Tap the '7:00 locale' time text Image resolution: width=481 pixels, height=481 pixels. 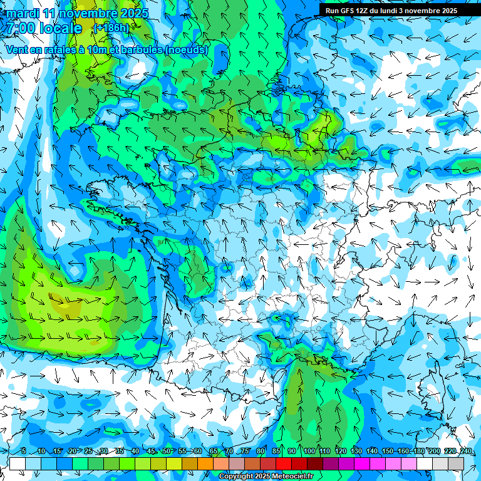[44, 28]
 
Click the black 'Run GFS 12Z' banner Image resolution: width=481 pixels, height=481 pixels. [391, 11]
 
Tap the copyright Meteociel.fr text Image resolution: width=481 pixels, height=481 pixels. [266, 477]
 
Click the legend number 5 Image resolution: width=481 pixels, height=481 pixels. [24, 451]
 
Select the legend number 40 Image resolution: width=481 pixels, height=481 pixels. [135, 451]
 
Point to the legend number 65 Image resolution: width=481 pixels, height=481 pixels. [214, 451]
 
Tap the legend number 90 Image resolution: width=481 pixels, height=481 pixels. [292, 451]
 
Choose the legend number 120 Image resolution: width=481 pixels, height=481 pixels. [340, 451]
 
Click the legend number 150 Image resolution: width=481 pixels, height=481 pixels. [387, 451]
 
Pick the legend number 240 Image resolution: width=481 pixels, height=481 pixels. [466, 451]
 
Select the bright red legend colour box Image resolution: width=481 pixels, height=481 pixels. [284, 463]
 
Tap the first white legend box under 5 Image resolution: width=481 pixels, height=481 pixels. [18, 463]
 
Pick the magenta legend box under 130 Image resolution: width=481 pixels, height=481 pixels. [362, 463]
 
